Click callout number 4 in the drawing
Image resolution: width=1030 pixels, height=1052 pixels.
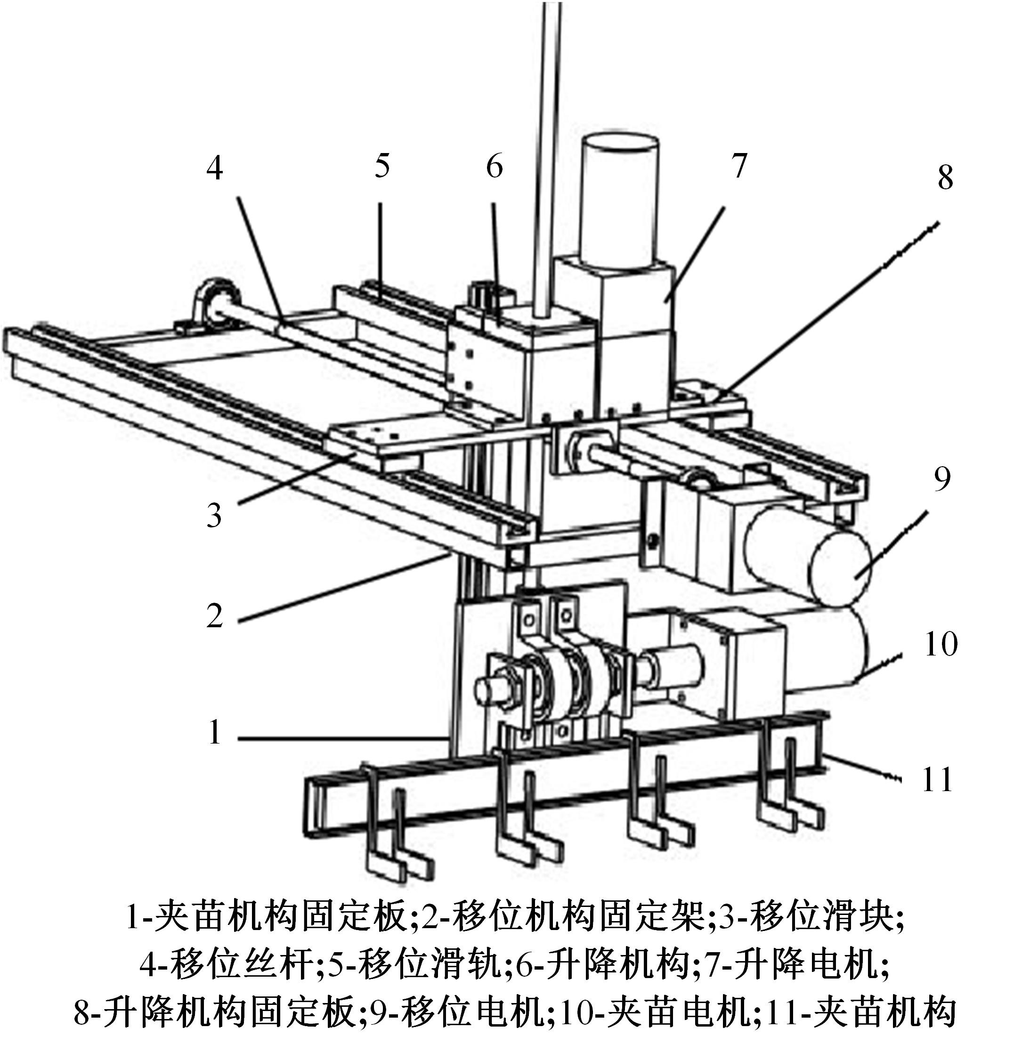click(x=215, y=168)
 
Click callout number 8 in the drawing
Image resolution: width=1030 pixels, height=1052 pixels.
click(x=945, y=178)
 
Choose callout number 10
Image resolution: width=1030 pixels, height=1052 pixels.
click(x=941, y=644)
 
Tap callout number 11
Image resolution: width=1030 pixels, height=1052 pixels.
click(x=937, y=780)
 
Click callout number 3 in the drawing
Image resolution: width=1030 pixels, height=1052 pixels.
click(x=214, y=515)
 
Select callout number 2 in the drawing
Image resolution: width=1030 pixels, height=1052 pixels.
click(x=214, y=615)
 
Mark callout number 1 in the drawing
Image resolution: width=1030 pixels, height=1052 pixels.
click(x=215, y=732)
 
